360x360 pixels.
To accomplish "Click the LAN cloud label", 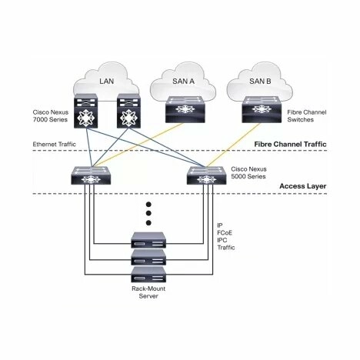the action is pos(106,82).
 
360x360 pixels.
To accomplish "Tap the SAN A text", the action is pos(183,82).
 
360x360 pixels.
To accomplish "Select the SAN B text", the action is pos(260,82).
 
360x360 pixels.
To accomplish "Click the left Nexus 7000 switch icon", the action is pos(86,111).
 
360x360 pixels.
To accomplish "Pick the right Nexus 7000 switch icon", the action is pos(128,111).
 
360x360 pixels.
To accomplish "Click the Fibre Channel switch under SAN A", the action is pos(185,109).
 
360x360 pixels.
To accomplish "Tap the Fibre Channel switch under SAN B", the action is pos(262,109).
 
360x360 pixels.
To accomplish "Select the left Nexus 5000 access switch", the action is pos(91,175).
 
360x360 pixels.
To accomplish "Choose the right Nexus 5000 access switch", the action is pos(207,175).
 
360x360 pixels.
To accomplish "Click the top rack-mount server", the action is pos(148,240).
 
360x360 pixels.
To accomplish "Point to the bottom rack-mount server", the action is pos(148,275).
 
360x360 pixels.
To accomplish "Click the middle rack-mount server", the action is pos(148,258).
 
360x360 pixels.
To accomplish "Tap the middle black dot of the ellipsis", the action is pos(148,213).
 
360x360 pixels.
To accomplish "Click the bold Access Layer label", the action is pos(303,186).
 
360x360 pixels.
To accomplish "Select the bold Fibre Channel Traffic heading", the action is pos(290,144).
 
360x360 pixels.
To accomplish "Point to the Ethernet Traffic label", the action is pos(55,144).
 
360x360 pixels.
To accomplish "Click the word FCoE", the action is pos(225,233).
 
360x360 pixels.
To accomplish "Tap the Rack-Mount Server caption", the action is pos(148,292).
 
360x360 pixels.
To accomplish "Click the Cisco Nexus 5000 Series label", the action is pos(248,172).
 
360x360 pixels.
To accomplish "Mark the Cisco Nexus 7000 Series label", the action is pos(51,116).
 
